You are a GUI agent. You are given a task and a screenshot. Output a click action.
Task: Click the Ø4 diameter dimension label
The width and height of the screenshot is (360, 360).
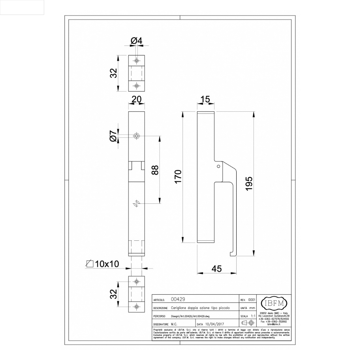pyautogui.click(x=137, y=41)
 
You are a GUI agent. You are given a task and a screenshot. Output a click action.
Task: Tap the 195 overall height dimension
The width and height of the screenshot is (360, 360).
pyautogui.click(x=249, y=183)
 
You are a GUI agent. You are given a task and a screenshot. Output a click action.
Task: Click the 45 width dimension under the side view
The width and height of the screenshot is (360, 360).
pyautogui.click(x=217, y=269)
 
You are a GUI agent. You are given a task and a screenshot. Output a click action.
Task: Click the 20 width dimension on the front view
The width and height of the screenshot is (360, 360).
pyautogui.click(x=136, y=99)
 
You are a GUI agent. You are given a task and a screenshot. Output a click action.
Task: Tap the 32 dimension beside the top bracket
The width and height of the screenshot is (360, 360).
pyautogui.click(x=114, y=73)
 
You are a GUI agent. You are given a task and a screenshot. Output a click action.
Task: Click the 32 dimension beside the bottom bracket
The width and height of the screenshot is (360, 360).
pyautogui.click(x=114, y=294)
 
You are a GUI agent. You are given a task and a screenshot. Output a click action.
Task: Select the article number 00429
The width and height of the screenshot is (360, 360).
pyautogui.click(x=178, y=299)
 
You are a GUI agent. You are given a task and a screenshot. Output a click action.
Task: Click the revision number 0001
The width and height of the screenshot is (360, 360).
pyautogui.click(x=252, y=300)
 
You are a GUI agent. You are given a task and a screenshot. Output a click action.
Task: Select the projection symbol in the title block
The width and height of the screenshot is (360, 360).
pyautogui.click(x=248, y=323)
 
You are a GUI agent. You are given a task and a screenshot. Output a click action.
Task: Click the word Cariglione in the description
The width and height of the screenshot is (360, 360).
pyautogui.click(x=180, y=308)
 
